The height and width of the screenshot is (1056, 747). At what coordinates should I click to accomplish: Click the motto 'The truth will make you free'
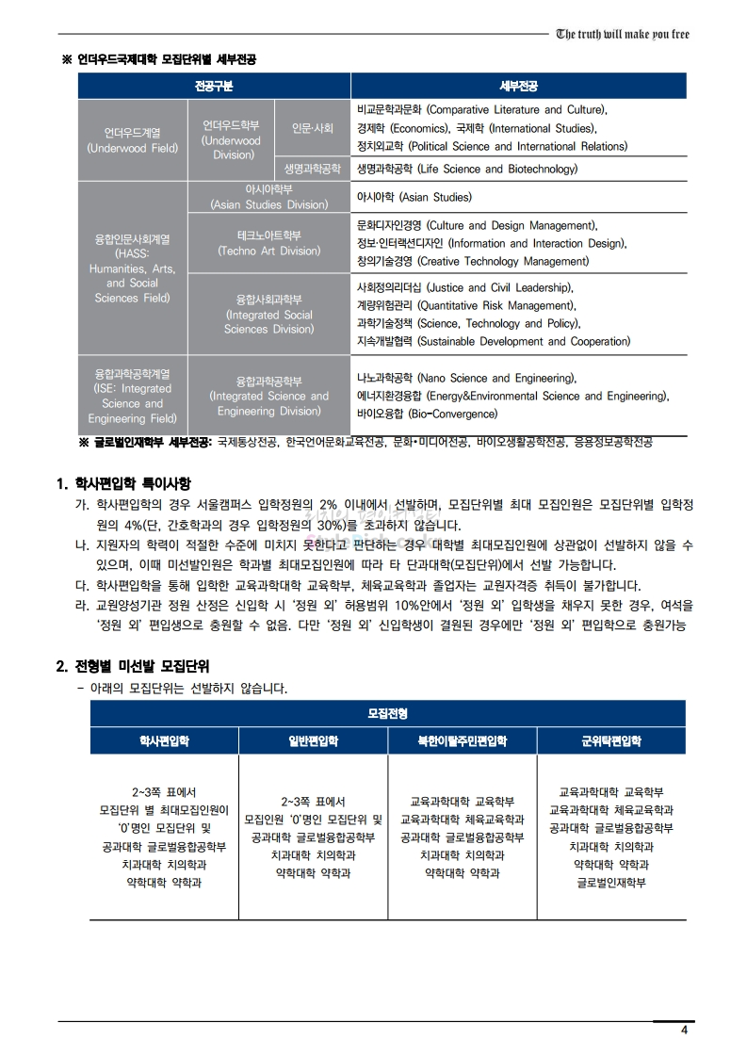[623, 35]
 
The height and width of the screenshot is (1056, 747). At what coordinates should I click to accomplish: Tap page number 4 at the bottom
[685, 1030]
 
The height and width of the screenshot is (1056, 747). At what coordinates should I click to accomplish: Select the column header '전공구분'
[213, 87]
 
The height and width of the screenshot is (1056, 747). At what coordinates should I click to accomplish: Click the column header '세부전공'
[519, 87]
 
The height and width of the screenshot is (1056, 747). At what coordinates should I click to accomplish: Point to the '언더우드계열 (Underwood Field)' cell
[132, 140]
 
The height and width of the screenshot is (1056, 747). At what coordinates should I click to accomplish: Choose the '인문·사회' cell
[313, 127]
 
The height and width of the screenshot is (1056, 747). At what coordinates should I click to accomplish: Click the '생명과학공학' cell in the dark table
[313, 170]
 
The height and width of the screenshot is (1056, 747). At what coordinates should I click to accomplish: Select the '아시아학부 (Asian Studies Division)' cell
[268, 197]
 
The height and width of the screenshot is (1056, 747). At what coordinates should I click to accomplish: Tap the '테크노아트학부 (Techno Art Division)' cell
[268, 243]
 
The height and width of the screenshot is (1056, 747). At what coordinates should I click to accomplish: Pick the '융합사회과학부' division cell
[268, 314]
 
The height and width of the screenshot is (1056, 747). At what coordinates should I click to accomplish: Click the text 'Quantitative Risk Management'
[494, 305]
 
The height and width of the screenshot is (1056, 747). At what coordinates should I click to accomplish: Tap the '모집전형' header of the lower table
[388, 714]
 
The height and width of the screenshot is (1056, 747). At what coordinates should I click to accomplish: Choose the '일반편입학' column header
[313, 741]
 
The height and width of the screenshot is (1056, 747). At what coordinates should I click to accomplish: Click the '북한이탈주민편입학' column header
[463, 741]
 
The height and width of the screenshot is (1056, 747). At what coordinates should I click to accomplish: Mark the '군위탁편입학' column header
[611, 741]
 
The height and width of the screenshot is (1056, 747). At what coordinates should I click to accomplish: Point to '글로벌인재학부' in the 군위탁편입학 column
[611, 883]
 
